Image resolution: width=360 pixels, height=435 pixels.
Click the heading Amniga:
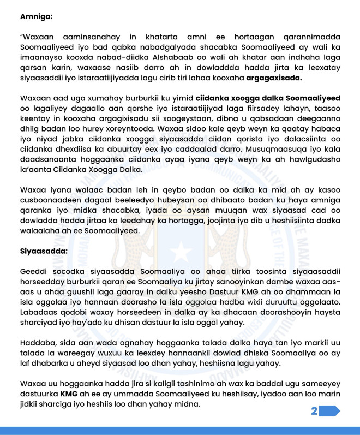[37, 16]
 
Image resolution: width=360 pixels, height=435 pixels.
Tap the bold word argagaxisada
[274, 78]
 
